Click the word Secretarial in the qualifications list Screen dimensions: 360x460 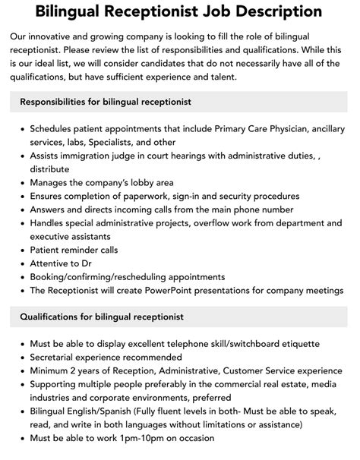pyautogui.click(x=55, y=357)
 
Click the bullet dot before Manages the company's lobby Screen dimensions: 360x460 pyautogui.click(x=23, y=182)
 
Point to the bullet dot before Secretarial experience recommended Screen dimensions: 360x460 pyautogui.click(x=23, y=357)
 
